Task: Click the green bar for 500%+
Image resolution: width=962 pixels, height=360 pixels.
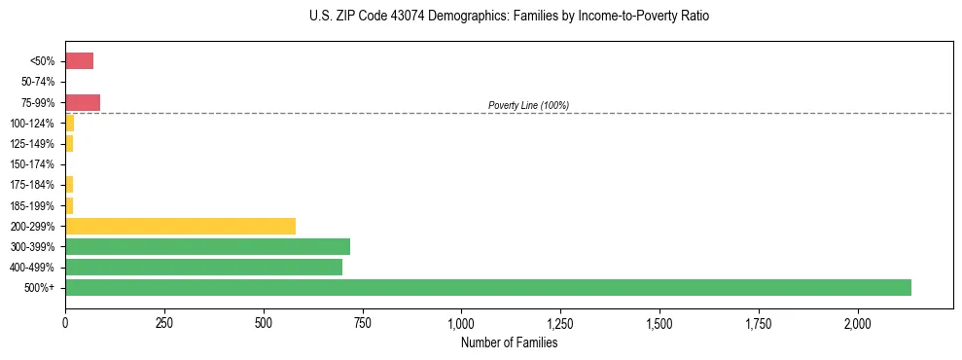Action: pos(487,287)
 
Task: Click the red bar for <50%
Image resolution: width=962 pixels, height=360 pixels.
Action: pos(79,61)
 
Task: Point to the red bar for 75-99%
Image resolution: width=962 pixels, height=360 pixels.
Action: pos(83,102)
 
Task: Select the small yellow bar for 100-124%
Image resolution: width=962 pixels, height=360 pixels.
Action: pos(69,123)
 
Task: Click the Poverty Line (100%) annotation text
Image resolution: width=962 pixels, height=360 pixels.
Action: pos(528,105)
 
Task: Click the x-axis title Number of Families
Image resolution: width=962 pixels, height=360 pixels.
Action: pos(509,342)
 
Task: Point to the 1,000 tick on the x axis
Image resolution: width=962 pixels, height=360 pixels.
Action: pos(461,323)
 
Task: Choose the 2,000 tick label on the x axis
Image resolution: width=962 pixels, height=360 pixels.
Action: pos(857,323)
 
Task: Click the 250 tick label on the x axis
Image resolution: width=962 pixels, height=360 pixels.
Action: pos(164,323)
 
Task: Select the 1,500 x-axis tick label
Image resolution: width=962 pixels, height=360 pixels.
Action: pos(659,323)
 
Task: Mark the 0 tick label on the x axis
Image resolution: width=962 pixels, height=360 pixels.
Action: pos(65,323)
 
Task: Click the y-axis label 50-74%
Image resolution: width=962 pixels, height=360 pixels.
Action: pos(39,82)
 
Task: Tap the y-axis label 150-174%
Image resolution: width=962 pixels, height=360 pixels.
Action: pos(33,163)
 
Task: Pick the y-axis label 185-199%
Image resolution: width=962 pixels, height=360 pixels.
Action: pos(33,205)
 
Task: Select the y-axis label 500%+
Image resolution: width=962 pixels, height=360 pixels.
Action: pos(41,287)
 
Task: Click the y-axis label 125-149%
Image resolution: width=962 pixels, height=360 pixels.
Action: pos(33,144)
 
